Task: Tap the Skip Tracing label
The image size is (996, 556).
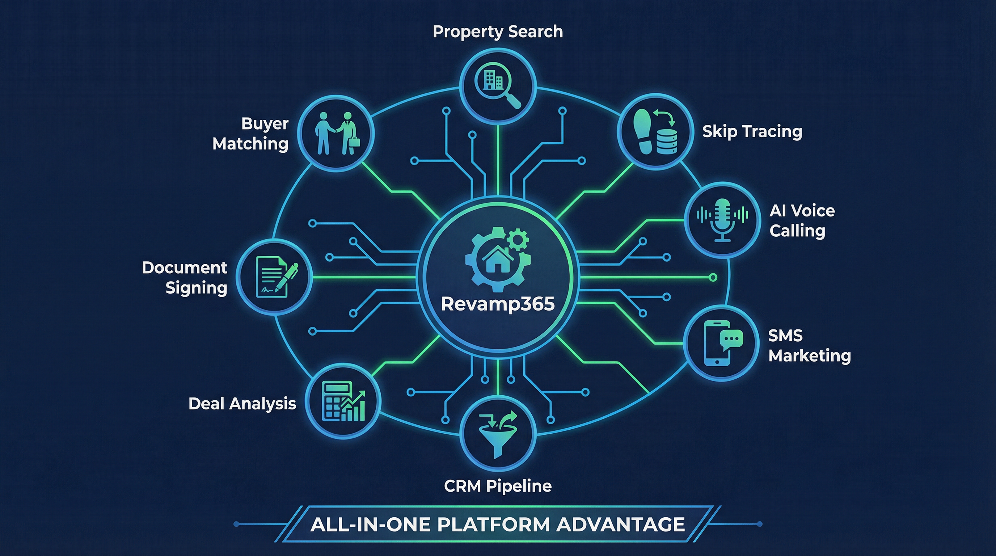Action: pyautogui.click(x=752, y=131)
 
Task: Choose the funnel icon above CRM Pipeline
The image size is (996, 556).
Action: pyautogui.click(x=498, y=435)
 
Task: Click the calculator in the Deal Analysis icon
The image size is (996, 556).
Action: pyautogui.click(x=336, y=400)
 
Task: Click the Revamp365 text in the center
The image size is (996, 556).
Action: pyautogui.click(x=498, y=304)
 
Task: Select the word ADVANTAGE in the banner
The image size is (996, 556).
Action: pyautogui.click(x=621, y=525)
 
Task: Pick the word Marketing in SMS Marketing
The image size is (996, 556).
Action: pyautogui.click(x=810, y=356)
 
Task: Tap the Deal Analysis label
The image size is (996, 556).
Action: pyautogui.click(x=242, y=404)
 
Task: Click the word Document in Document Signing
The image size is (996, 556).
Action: pyautogui.click(x=185, y=268)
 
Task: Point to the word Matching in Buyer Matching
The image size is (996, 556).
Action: pyautogui.click(x=250, y=144)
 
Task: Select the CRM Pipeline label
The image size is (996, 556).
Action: pyautogui.click(x=498, y=486)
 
